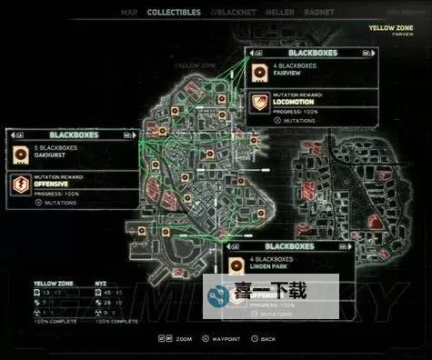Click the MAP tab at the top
pyautogui.click(x=130, y=13)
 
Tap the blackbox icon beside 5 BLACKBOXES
pyautogui.click(x=18, y=152)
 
